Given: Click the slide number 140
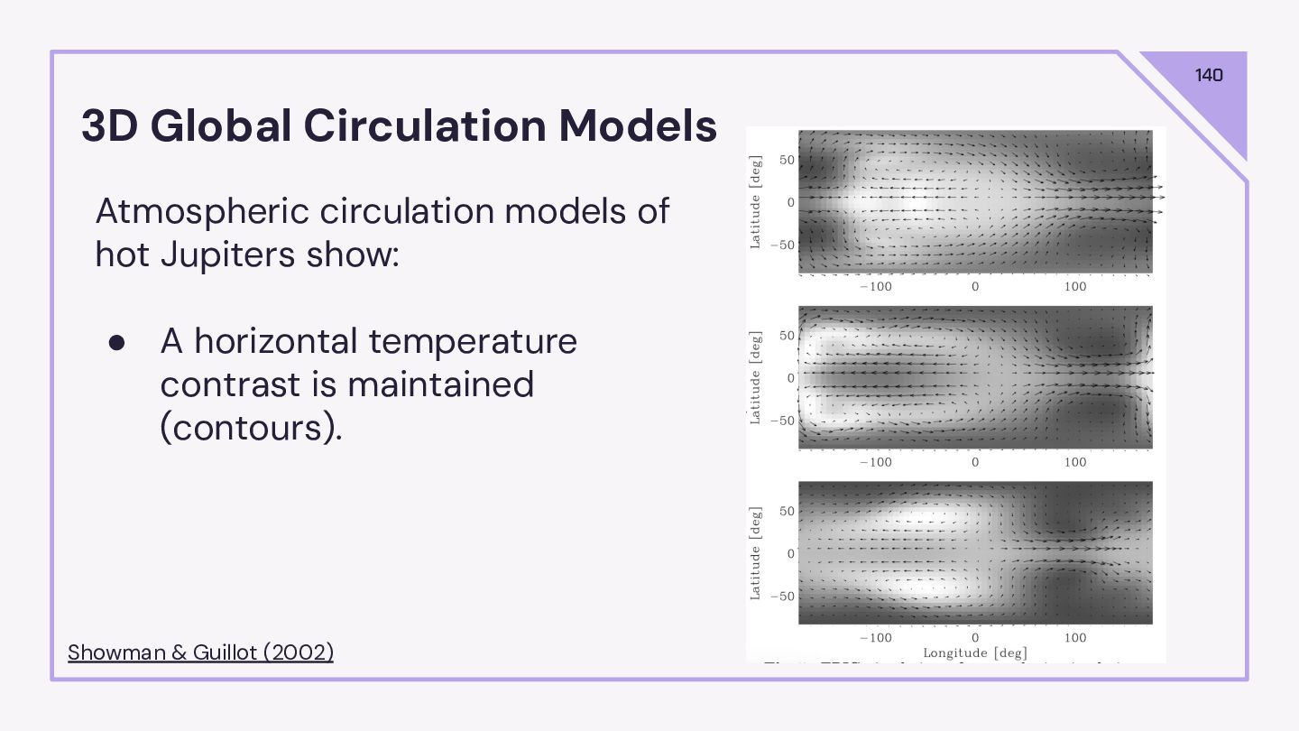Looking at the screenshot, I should coord(1209,75).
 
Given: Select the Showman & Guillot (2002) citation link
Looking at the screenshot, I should coord(200,652).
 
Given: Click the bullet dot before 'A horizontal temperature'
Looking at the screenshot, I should coord(116,342).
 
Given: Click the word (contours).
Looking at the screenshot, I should coord(251,427).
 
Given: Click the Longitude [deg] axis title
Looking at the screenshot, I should coord(974,652).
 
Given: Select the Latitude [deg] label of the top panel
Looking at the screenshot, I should coord(756,201).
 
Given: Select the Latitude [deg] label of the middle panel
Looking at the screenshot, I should coord(756,377).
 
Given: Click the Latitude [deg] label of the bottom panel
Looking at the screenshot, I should coord(756,552).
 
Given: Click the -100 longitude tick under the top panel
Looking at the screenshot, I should coord(874,287).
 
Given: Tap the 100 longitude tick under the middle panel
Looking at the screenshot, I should coord(1075,462).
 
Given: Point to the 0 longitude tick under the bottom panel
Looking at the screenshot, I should coord(975,637).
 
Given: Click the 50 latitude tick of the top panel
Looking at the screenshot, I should coord(787,161).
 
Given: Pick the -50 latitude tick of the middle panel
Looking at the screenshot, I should coord(783,421).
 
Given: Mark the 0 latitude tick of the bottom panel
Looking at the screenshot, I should coord(790,553).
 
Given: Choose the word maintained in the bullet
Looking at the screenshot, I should coord(440,384).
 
